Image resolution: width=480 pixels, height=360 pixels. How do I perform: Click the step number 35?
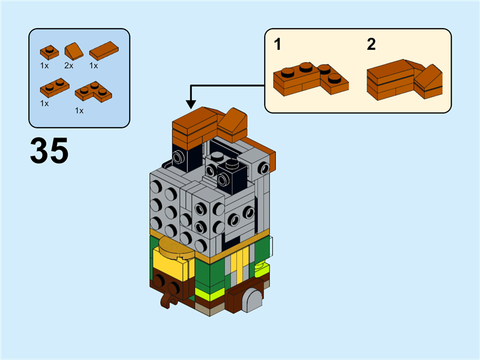(x=49, y=151)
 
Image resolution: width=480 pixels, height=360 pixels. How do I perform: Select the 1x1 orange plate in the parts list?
(x=49, y=52)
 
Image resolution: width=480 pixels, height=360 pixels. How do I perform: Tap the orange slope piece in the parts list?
(x=74, y=51)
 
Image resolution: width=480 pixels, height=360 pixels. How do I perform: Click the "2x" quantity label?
(x=68, y=65)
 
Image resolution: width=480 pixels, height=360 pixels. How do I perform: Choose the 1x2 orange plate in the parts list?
(x=54, y=88)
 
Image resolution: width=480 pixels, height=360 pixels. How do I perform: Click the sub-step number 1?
(x=278, y=44)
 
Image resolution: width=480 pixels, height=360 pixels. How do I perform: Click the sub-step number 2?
(x=371, y=44)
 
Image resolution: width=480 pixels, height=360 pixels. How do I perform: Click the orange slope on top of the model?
(x=233, y=124)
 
